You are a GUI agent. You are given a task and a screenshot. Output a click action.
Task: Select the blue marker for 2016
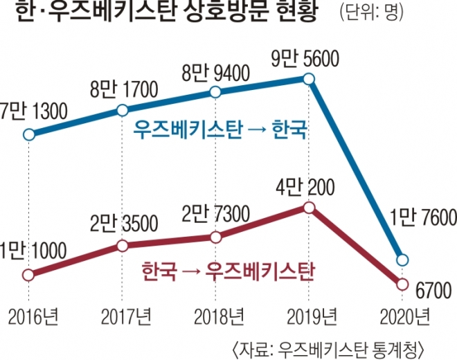[28, 135]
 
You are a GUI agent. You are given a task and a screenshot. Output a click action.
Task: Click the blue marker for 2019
[310, 79]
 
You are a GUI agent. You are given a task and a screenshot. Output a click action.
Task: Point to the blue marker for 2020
[401, 260]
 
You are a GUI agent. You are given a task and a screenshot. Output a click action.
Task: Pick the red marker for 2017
[123, 245]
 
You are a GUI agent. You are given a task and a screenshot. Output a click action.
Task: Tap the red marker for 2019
[310, 207]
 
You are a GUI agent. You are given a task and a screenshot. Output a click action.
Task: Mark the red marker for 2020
[401, 284]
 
